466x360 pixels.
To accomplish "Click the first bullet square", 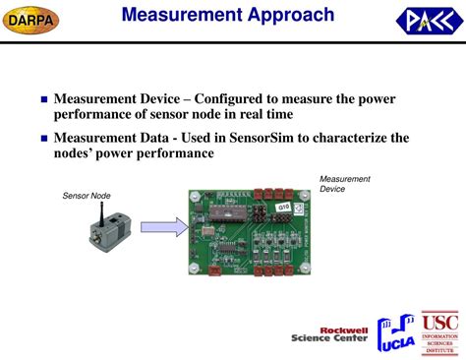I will coord(42,100).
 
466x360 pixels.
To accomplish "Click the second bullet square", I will coord(42,140).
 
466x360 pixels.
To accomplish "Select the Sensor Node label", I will coord(84,196).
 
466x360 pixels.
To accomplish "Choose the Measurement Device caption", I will coord(344,184).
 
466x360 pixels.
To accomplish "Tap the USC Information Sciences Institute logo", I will coord(438,333).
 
